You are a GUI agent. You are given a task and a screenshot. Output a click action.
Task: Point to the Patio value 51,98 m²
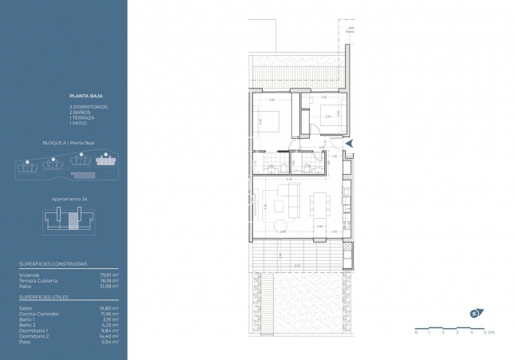111,286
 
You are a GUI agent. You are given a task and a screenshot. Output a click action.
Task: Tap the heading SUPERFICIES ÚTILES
44,296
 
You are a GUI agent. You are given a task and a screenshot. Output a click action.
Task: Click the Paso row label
24,342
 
